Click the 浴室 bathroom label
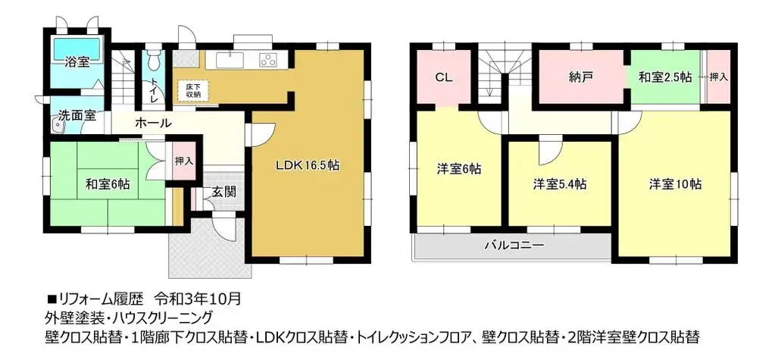(x=76, y=63)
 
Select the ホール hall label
(x=153, y=123)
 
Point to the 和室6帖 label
(x=106, y=183)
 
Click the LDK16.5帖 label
(x=306, y=167)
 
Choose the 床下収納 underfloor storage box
(x=189, y=91)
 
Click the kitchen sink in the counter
(x=228, y=60)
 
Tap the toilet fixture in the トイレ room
(x=154, y=59)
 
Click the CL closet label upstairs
(x=444, y=77)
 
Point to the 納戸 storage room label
(x=580, y=77)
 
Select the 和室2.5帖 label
(x=664, y=77)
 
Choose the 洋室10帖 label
(x=674, y=184)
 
